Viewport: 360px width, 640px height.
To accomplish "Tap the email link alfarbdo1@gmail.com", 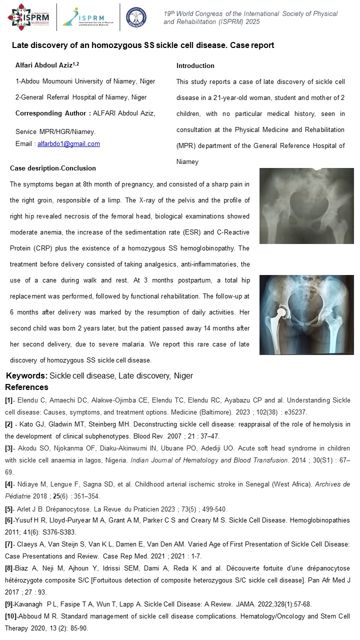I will [x=68, y=144].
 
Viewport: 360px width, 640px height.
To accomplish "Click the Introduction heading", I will [x=195, y=65].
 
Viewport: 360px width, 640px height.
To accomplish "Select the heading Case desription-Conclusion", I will [x=53, y=168].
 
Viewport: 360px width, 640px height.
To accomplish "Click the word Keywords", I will [x=26, y=376].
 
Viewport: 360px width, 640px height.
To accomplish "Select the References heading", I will [x=26, y=387].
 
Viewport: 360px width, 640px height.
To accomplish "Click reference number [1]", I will [x=9, y=400].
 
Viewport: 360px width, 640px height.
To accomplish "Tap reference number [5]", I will [x=9, y=509].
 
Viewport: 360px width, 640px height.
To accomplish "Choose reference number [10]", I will [x=10, y=617].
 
